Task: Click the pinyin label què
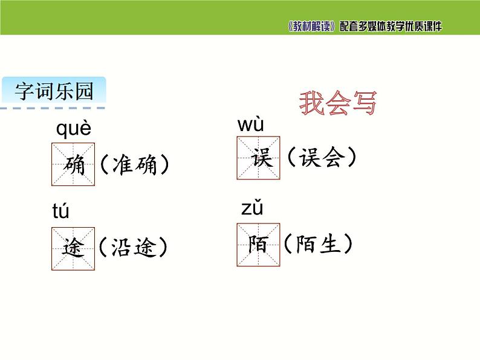pos(74,129)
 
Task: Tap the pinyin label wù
pos(251,125)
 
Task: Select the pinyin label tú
pos(61,211)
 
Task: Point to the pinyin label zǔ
pos(253,208)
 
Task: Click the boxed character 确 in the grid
pos(73,164)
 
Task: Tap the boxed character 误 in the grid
pos(259,158)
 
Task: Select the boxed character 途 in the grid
pos(73,248)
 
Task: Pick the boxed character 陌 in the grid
pos(259,245)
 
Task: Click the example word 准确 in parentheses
pos(134,164)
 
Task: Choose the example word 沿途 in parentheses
pos(134,248)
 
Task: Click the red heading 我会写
pos(338,104)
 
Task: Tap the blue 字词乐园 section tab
pos(54,92)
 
